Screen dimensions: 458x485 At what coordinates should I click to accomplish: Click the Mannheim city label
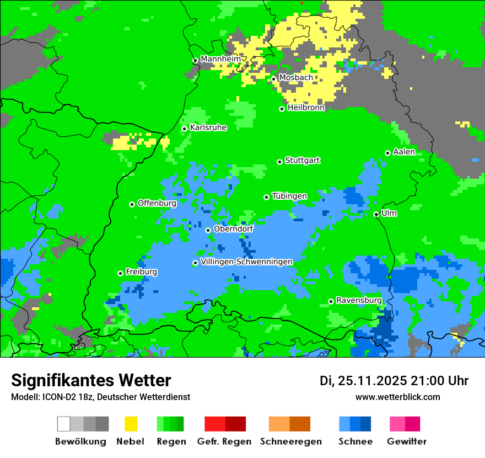coord(221,59)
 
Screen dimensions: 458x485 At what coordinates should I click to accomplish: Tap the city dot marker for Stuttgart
coord(280,162)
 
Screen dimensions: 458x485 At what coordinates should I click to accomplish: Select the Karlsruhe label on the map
coord(208,127)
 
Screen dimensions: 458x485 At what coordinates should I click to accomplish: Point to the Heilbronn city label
coord(306,108)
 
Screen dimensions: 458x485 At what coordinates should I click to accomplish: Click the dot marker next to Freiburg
coord(120,273)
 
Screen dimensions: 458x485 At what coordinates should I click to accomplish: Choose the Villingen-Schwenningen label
coord(246,262)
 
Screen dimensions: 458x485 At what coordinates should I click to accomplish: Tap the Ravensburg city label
coord(359,300)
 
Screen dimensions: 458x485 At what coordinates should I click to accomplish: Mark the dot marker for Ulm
coord(376,215)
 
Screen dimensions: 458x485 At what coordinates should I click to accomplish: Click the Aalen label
coord(404,152)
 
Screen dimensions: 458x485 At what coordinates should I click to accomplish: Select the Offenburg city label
coord(157,203)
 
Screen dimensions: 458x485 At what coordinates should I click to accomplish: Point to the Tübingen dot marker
coord(267,197)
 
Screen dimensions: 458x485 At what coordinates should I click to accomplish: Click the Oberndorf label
coord(233,229)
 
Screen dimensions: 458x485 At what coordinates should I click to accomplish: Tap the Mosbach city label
coord(296,78)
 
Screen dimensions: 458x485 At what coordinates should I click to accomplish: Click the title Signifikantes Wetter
coord(91,380)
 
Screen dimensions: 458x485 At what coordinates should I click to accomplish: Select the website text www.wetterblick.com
coord(397,397)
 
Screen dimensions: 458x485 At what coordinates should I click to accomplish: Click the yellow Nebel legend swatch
coord(131,424)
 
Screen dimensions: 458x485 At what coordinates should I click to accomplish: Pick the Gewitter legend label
coord(407,441)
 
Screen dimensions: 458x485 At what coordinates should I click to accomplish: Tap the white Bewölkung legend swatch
coord(64,424)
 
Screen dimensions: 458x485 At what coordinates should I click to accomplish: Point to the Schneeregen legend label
coord(291,441)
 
